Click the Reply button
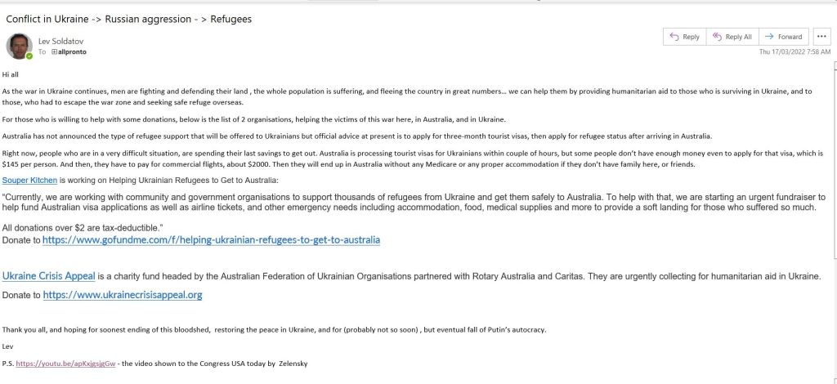click(685, 37)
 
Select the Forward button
click(783, 37)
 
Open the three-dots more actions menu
click(821, 37)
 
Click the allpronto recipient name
click(71, 51)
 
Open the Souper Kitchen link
click(26, 180)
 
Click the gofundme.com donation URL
click(211, 240)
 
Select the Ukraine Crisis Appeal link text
click(49, 276)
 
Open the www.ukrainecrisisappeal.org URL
click(123, 294)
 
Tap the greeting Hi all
click(11, 74)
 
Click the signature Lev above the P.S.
click(8, 346)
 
